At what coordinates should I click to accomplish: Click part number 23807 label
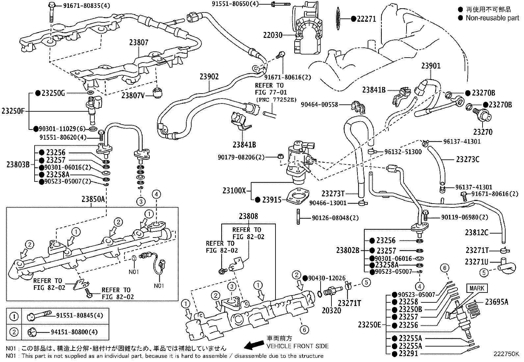(x=139, y=42)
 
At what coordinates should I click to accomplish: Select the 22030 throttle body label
(x=273, y=35)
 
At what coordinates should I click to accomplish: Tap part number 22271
(x=366, y=19)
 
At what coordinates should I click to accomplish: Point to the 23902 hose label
(x=209, y=77)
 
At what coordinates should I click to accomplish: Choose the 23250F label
(x=13, y=111)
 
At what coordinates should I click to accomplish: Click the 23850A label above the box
(x=93, y=199)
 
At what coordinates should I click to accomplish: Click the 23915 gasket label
(x=272, y=200)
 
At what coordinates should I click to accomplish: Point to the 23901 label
(x=431, y=66)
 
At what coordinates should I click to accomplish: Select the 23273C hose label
(x=468, y=159)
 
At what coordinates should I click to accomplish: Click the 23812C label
(x=477, y=232)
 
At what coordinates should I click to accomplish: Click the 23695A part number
(x=496, y=301)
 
